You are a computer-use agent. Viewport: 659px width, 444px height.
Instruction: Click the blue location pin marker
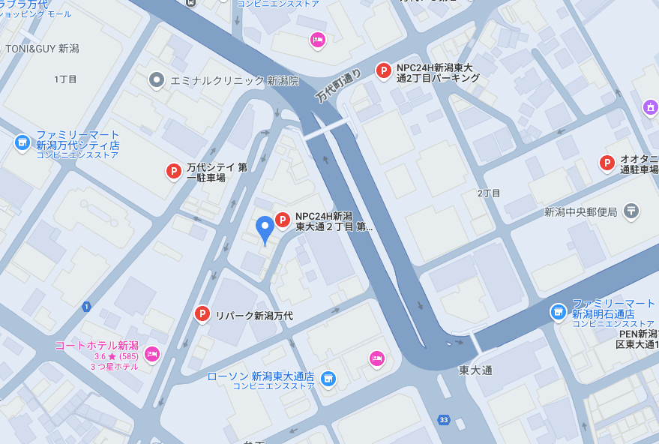[x=265, y=227]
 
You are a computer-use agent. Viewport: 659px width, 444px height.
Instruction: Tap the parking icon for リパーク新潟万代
[x=202, y=314]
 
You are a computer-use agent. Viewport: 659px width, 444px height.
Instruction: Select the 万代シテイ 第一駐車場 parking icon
[x=173, y=172]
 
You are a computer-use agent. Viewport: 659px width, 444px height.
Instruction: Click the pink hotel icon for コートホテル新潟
[x=152, y=353]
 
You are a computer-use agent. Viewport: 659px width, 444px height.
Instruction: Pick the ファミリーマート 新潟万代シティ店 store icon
[x=22, y=142]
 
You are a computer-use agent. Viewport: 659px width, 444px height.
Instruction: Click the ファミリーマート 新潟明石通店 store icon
[x=558, y=311]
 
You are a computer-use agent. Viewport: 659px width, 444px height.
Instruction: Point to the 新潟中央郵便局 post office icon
[x=631, y=211]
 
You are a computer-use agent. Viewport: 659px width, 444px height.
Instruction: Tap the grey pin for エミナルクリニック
[x=156, y=79]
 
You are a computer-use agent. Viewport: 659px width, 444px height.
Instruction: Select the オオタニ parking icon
[x=607, y=163]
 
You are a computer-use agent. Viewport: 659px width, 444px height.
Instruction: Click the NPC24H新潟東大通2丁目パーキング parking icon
[x=384, y=71]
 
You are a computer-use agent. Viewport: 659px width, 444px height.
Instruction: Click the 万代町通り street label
[x=339, y=85]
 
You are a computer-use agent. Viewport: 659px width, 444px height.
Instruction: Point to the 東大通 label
[x=475, y=370]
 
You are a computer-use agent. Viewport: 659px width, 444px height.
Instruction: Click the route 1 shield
[x=86, y=306]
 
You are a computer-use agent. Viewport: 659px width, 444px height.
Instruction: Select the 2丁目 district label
[x=489, y=193]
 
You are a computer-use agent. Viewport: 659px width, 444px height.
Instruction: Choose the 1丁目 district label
[x=66, y=79]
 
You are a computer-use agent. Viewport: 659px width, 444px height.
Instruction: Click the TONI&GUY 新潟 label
[x=42, y=48]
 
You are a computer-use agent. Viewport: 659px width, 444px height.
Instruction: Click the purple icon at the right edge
[x=650, y=108]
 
